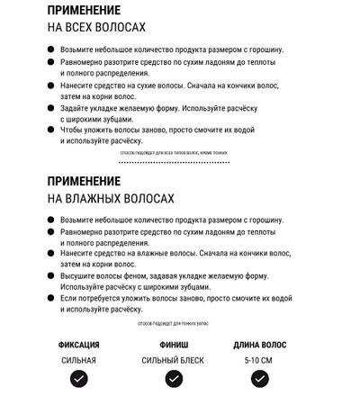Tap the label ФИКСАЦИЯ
[x=79, y=345]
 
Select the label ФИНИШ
[x=173, y=345]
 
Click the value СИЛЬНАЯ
[x=79, y=360]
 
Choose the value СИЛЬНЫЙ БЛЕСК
[x=173, y=360]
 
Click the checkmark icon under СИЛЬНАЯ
[x=79, y=380]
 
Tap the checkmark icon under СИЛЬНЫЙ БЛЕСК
[x=173, y=380]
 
